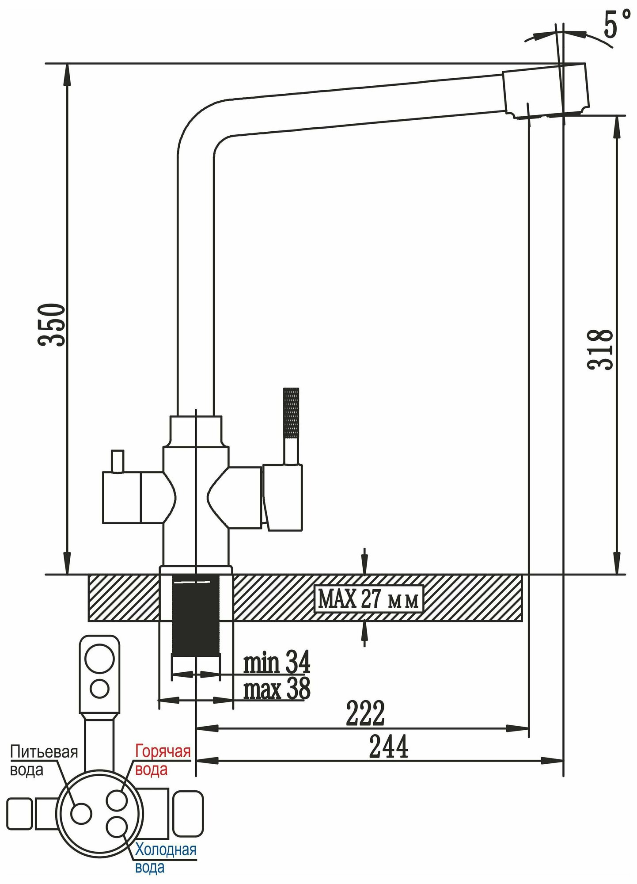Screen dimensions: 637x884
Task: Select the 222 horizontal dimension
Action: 365,713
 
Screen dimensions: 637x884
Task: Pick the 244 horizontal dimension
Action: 388,747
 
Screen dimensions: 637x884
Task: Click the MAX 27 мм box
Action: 368,599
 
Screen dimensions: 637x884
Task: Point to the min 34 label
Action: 277,663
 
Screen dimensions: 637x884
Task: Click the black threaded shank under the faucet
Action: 195,619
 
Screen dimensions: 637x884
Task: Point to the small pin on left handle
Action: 118,461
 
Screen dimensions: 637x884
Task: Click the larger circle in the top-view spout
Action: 99,656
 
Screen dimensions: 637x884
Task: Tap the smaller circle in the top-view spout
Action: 99,688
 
